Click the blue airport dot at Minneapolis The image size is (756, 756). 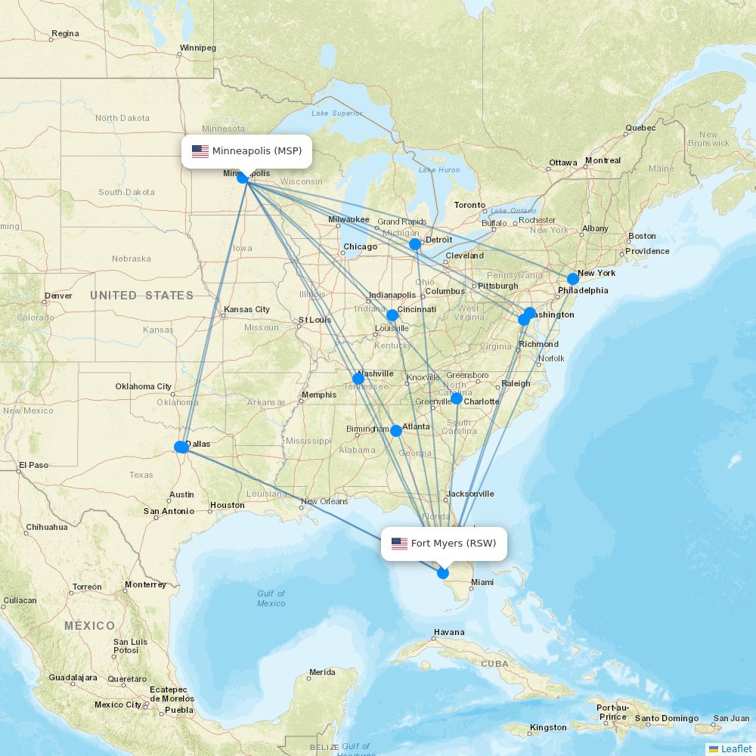(x=243, y=178)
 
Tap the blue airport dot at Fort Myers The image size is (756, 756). (x=443, y=573)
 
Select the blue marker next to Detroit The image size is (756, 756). (x=415, y=244)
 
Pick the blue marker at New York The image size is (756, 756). (x=573, y=279)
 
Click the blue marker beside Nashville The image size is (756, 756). (x=358, y=378)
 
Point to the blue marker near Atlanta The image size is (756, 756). (x=396, y=431)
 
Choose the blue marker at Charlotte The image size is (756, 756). (x=457, y=398)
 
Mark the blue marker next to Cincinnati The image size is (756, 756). (x=392, y=315)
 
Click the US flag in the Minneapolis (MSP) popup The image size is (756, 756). (x=200, y=151)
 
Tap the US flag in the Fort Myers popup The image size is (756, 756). (x=399, y=544)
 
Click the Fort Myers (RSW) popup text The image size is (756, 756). (x=454, y=544)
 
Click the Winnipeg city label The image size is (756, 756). (x=197, y=48)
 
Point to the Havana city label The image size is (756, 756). (x=449, y=632)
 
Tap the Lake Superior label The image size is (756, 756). (x=336, y=113)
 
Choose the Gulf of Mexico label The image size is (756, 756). (x=271, y=598)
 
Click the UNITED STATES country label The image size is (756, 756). (x=142, y=296)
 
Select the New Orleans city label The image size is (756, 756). (x=324, y=501)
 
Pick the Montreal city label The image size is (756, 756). (x=603, y=160)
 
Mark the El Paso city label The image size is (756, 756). (x=33, y=465)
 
